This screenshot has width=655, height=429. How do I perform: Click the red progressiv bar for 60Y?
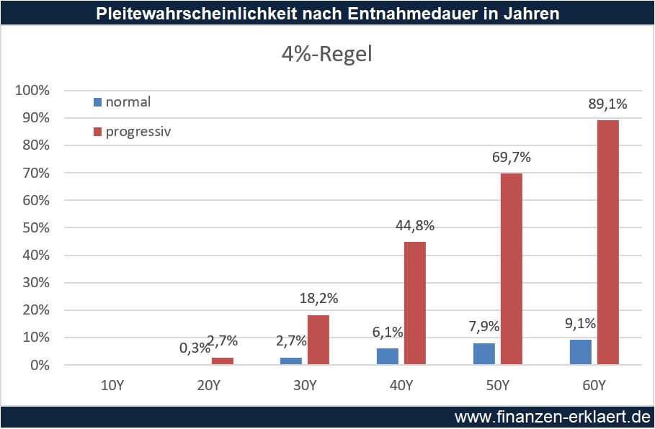tap(607, 243)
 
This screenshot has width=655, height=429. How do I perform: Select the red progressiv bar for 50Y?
tap(512, 269)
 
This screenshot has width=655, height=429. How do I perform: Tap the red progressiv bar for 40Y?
tap(415, 303)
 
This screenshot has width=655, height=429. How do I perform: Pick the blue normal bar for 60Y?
tap(581, 352)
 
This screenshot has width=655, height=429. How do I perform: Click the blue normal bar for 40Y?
tap(388, 356)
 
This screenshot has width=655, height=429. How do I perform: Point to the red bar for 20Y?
tap(223, 361)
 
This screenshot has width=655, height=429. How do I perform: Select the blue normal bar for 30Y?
tap(291, 361)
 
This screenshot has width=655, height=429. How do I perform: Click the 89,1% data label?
tap(607, 104)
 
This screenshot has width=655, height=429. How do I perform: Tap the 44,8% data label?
tap(415, 226)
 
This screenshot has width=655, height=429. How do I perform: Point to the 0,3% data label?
tap(195, 348)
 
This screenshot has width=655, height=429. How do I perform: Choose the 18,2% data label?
tap(318, 299)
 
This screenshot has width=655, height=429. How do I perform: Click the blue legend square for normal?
tap(97, 101)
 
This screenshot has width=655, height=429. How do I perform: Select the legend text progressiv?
tap(138, 132)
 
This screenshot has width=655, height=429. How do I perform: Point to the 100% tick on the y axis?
tap(32, 90)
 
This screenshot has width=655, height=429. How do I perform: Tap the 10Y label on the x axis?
tap(112, 386)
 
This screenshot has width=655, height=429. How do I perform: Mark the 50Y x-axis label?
tap(498, 386)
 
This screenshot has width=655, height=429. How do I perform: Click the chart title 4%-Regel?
tap(326, 55)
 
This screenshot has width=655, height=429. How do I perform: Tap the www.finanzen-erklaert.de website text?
tap(551, 417)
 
